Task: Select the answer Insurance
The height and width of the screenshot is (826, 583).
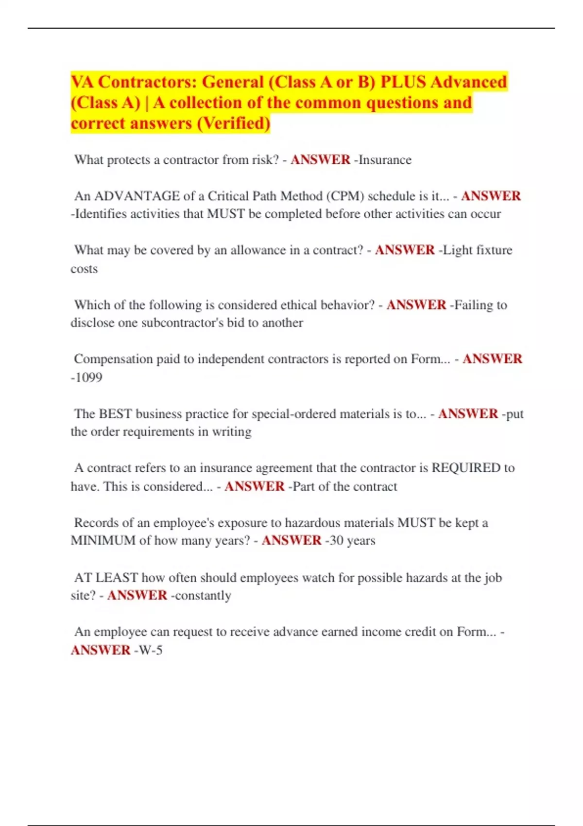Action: [x=385, y=160]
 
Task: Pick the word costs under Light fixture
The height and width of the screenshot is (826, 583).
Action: [x=84, y=269]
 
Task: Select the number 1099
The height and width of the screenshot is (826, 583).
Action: [x=88, y=378]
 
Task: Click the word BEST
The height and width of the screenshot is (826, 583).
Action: [x=115, y=414]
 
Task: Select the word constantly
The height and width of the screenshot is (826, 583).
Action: [x=203, y=596]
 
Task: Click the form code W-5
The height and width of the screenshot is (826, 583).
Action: [x=150, y=650]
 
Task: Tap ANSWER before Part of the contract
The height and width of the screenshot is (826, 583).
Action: [x=254, y=486]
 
